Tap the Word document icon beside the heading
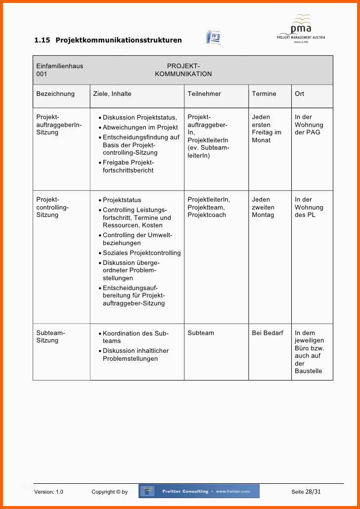click(213, 38)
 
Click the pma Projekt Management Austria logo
click(301, 29)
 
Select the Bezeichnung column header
click(55, 94)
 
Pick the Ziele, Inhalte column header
click(112, 94)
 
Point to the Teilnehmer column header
click(204, 94)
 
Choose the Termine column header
click(264, 94)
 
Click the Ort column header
click(300, 94)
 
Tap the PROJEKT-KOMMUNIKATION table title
click(183, 70)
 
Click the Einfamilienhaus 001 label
click(59, 70)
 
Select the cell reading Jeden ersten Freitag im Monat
click(267, 128)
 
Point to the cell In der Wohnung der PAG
click(309, 125)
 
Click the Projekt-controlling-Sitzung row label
click(52, 207)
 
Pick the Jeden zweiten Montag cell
click(263, 207)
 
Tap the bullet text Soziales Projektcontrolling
click(141, 253)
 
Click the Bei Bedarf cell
click(268, 333)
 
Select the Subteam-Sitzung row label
click(50, 337)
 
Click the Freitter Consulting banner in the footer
click(199, 491)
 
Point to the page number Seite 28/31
click(306, 492)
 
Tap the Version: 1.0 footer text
click(48, 492)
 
